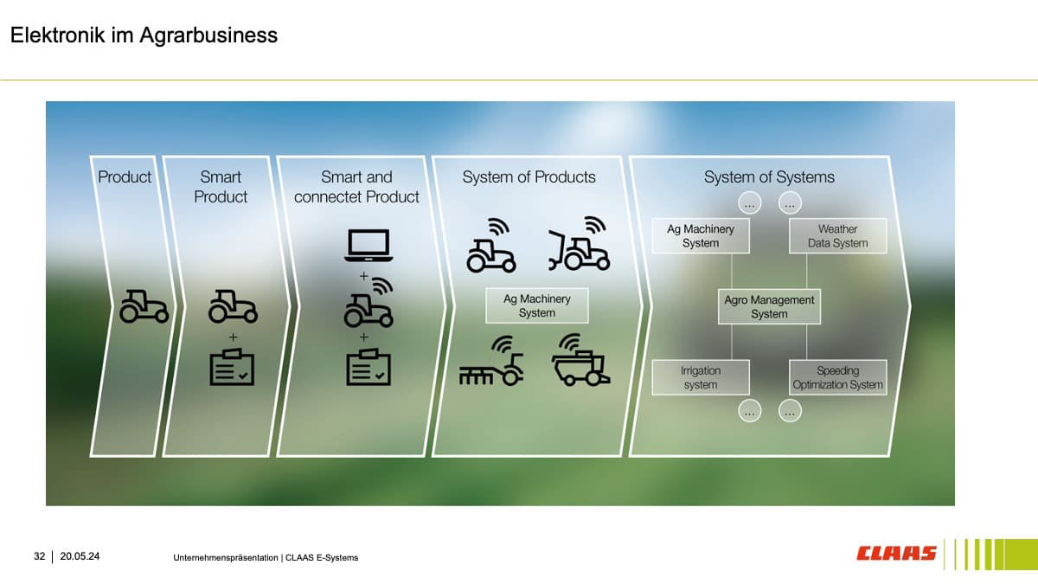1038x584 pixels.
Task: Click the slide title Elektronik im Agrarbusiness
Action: [x=144, y=35]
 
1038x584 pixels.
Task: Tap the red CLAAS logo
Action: [x=897, y=553]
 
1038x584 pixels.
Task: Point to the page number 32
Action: [x=40, y=556]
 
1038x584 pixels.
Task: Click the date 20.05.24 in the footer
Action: [x=80, y=556]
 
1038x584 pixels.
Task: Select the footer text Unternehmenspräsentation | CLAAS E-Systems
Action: [x=266, y=557]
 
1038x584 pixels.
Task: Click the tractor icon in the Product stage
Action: [x=144, y=305]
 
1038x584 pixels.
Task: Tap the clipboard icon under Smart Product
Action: [x=232, y=367]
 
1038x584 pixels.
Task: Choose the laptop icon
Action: [x=368, y=246]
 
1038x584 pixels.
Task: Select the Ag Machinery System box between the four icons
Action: [x=536, y=305]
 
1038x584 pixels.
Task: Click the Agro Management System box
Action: [x=769, y=306]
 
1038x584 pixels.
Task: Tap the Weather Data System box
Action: [x=837, y=235]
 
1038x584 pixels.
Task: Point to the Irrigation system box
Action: [x=701, y=377]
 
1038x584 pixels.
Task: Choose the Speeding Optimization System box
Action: [x=837, y=377]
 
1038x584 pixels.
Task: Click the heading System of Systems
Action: [x=769, y=177]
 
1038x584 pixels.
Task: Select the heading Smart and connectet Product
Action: [x=356, y=187]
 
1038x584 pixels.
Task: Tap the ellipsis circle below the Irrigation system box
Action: [x=750, y=412]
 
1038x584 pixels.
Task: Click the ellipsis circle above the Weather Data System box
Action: [x=790, y=204]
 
